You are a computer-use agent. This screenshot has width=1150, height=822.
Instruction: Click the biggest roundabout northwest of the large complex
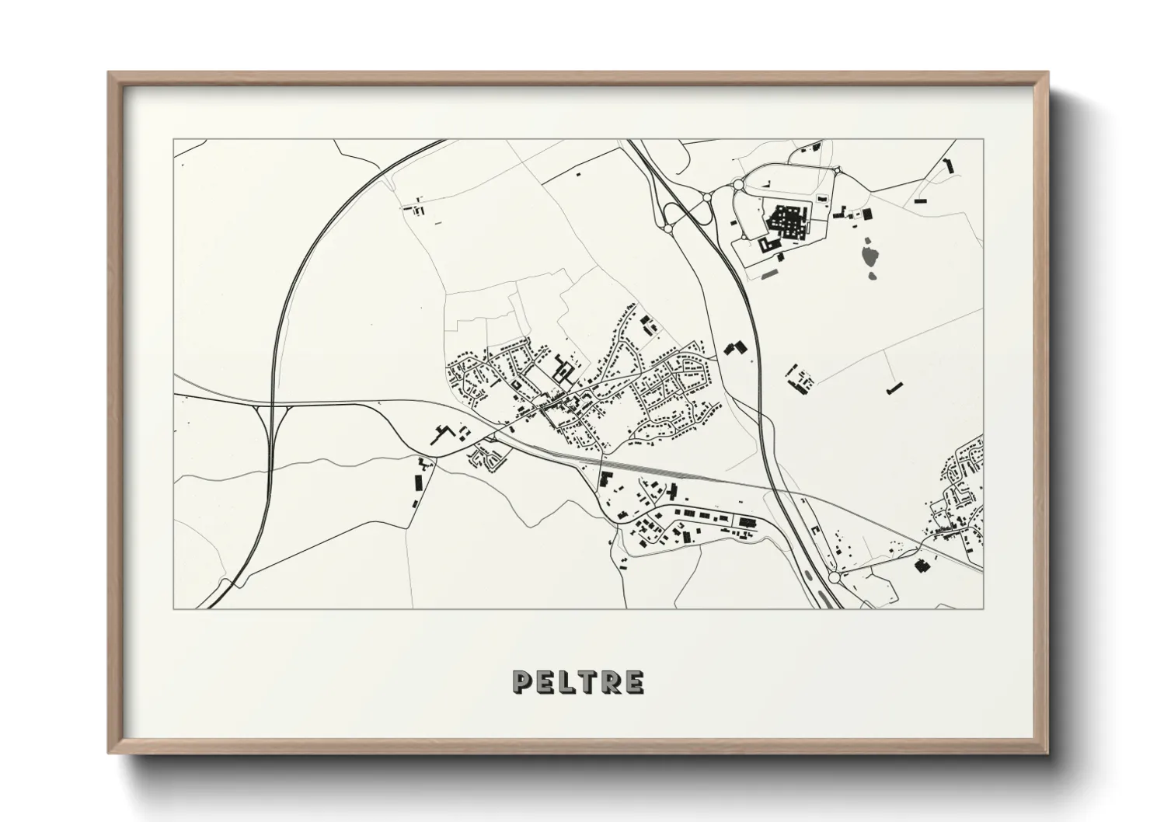pyautogui.click(x=737, y=185)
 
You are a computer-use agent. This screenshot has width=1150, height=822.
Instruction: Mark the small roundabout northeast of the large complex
pyautogui.click(x=838, y=172)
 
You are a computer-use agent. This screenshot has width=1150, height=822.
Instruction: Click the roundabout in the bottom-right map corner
pyautogui.click(x=835, y=577)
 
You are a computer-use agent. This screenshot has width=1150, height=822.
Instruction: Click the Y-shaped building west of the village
pyautogui.click(x=444, y=432)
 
